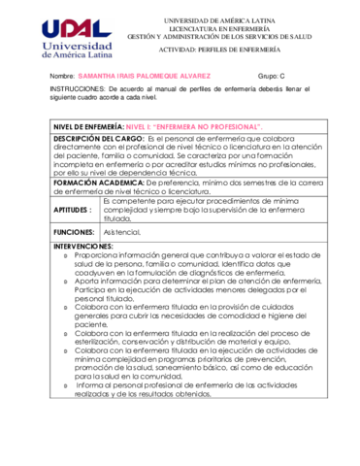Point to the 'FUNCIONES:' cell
(x=74, y=234)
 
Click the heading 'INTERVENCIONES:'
(x=86, y=247)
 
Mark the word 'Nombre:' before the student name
(x=61, y=74)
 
